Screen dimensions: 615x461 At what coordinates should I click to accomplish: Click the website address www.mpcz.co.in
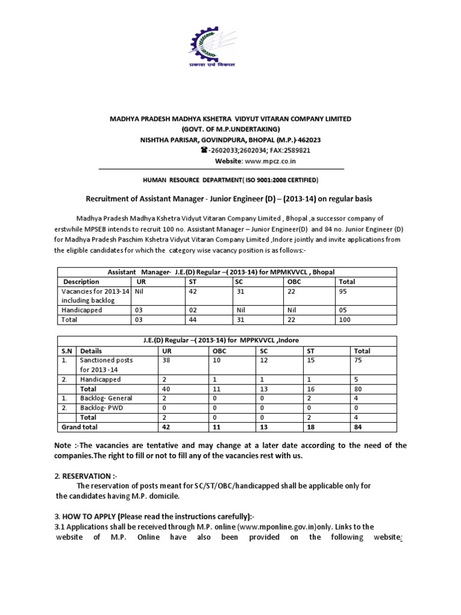(x=270, y=162)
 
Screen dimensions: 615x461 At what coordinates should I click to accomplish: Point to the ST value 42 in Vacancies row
(x=193, y=291)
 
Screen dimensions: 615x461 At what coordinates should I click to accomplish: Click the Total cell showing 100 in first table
(x=345, y=320)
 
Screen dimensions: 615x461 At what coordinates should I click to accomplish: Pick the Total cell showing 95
(x=344, y=291)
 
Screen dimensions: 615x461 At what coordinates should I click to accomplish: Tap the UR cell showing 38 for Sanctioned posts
(x=160, y=360)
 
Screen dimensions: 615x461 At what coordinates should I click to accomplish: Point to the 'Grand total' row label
(x=80, y=427)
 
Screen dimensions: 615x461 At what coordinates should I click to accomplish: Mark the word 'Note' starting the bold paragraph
(x=65, y=445)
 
